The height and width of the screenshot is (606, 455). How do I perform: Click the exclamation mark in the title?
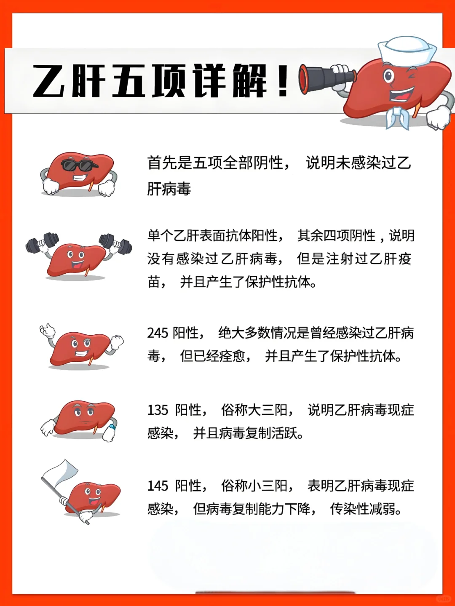[283, 80]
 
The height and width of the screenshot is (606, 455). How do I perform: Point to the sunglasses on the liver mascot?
[79, 165]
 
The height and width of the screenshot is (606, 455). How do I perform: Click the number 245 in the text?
[158, 333]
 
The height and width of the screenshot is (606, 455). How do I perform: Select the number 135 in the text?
[158, 410]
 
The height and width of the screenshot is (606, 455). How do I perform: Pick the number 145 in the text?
[158, 486]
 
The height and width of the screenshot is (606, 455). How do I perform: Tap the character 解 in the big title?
[250, 80]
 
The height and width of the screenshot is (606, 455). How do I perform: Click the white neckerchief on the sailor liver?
[398, 117]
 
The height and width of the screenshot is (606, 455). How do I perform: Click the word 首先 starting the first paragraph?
[162, 163]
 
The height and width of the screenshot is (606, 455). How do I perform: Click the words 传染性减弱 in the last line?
[366, 509]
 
